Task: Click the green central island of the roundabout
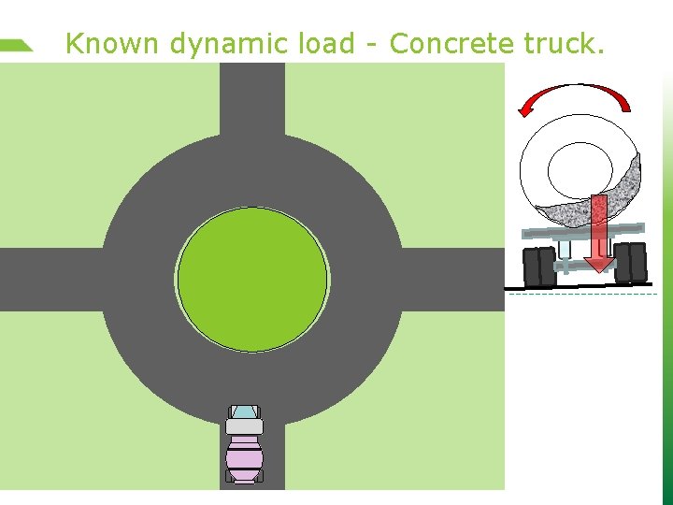252,279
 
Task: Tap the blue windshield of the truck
244,411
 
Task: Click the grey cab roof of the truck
244,426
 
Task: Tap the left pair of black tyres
540,266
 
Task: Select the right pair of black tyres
630,263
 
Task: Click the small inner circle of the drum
580,168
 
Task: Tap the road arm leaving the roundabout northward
252,98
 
